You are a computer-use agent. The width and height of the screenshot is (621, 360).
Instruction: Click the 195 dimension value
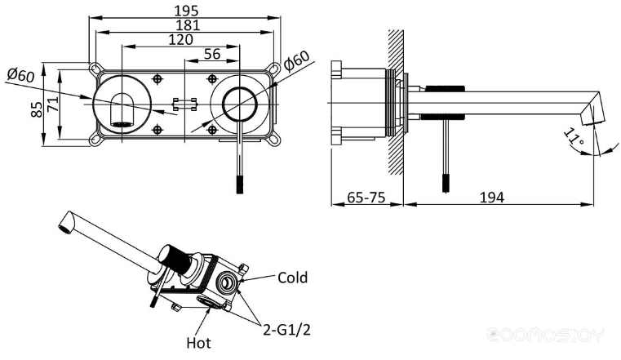187,11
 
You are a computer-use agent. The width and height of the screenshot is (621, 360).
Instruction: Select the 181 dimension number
188,25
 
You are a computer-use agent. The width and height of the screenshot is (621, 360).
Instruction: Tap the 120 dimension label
181,40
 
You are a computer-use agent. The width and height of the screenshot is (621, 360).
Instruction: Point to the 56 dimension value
212,54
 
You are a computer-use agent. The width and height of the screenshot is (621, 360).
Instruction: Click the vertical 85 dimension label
37,109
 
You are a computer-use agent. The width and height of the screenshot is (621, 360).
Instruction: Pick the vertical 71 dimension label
53,103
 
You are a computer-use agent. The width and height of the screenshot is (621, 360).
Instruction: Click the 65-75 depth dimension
366,197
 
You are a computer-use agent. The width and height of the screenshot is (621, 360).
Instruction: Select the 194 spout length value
492,197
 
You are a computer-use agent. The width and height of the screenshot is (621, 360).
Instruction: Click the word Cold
293,278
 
